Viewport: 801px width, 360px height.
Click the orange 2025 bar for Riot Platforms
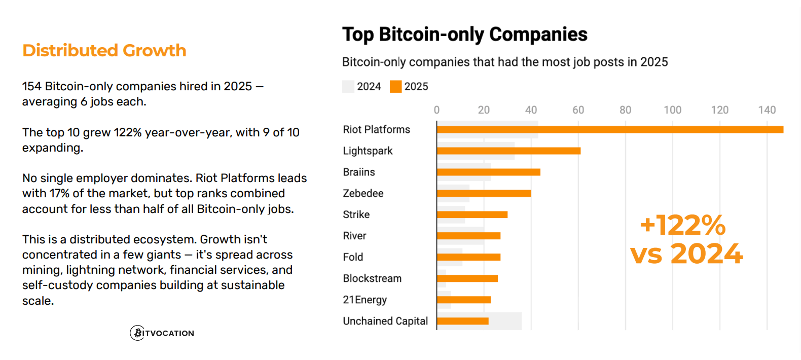610,130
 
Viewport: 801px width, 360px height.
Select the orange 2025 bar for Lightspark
508,151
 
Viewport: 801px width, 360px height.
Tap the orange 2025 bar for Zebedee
484,194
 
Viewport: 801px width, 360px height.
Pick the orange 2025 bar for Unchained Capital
462,321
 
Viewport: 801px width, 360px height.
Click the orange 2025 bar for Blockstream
467,278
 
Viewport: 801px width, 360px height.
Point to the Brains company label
359,172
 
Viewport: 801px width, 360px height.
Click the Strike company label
356,215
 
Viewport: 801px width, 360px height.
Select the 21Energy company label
365,300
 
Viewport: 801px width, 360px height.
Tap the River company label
354,236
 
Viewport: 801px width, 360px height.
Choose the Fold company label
353,258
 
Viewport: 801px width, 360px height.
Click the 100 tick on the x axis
672,110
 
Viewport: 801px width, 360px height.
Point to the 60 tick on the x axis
578,110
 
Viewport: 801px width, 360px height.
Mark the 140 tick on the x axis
767,110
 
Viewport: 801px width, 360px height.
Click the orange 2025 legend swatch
395,87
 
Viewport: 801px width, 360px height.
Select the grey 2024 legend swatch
348,87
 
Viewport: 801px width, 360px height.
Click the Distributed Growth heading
104,51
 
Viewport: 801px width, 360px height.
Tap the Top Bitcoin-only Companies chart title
464,34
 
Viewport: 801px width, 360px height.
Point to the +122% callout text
683,226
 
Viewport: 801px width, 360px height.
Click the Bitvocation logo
162,333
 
